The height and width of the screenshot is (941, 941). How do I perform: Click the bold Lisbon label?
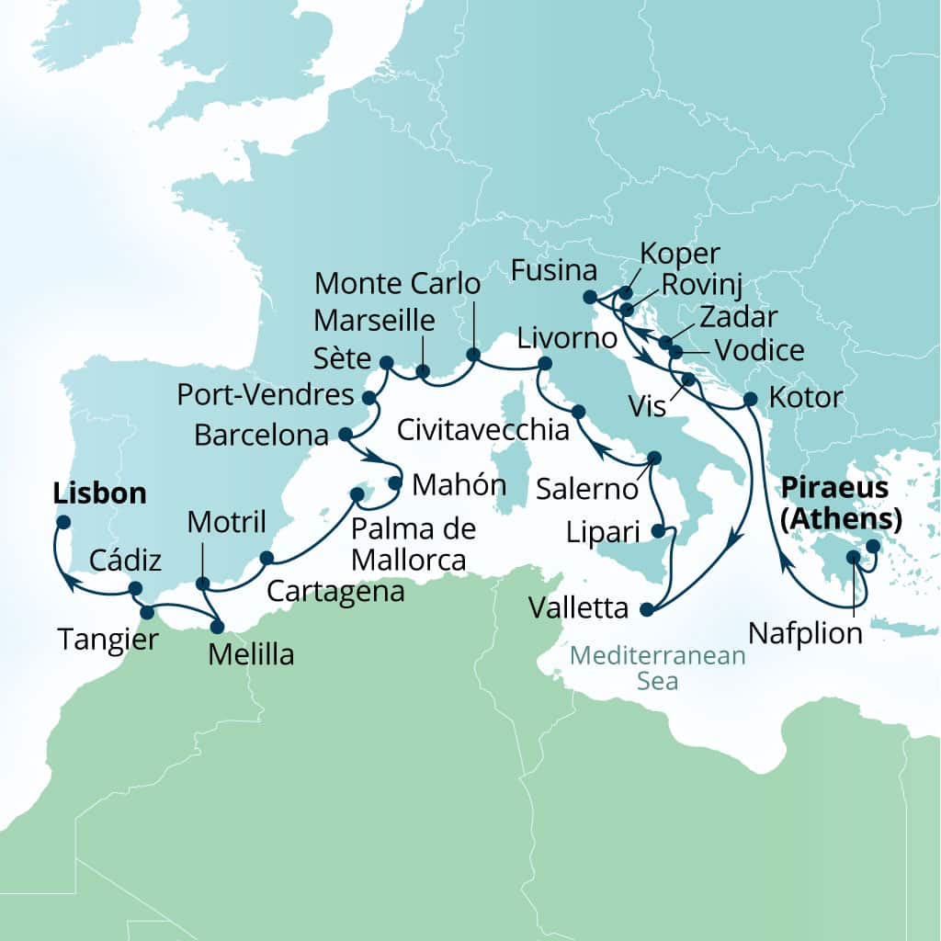point(100,493)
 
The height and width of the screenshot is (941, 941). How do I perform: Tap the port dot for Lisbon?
point(62,522)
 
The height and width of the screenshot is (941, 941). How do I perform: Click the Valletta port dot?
point(646,609)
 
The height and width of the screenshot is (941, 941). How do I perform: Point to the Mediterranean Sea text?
point(657,668)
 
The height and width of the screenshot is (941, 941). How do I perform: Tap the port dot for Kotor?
point(750,399)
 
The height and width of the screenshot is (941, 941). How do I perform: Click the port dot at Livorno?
point(544,364)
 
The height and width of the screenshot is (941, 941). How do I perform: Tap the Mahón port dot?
point(395,482)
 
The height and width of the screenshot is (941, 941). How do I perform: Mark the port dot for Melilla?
point(217,628)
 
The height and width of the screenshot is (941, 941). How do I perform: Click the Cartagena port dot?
point(266,558)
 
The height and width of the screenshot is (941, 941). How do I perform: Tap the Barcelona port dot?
point(346,434)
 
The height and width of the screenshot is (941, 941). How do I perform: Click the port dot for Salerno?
point(655,457)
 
